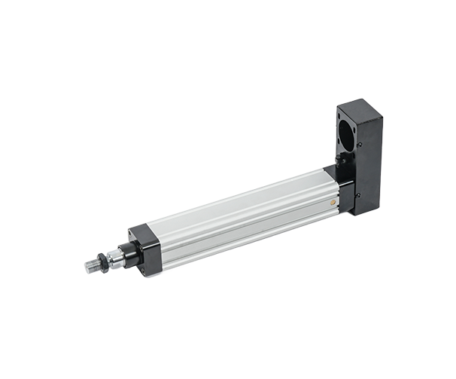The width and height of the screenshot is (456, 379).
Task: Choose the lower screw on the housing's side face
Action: (358, 195)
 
